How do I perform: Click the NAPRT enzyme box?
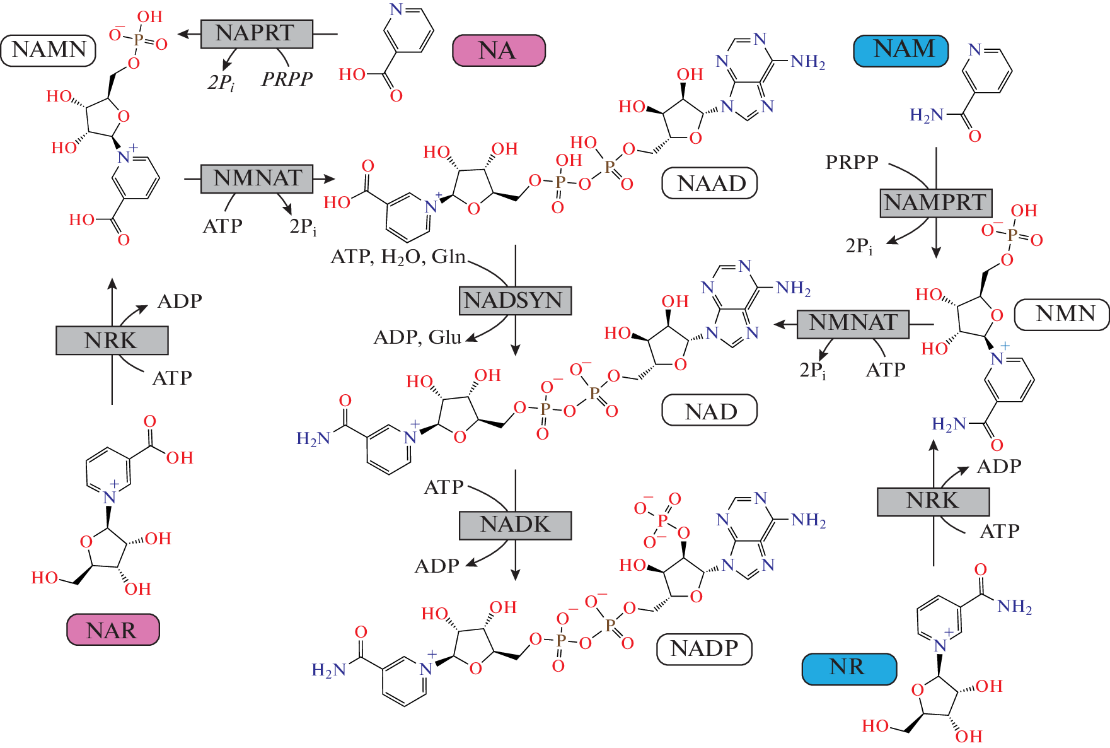[257, 34]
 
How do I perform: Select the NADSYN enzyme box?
[515, 301]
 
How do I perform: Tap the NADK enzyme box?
[515, 525]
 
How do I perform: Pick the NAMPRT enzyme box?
[936, 203]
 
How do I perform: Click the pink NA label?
[499, 50]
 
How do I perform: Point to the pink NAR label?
[113, 630]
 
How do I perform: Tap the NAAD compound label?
[710, 184]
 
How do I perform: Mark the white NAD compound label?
[710, 411]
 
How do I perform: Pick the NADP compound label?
[704, 649]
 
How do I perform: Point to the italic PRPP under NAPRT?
[287, 79]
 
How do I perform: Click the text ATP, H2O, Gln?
[398, 257]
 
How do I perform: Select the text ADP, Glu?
[417, 337]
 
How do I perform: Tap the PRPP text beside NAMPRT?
[852, 163]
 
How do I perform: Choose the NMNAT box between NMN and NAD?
[853, 324]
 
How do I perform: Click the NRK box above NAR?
[112, 341]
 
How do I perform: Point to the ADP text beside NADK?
[436, 566]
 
